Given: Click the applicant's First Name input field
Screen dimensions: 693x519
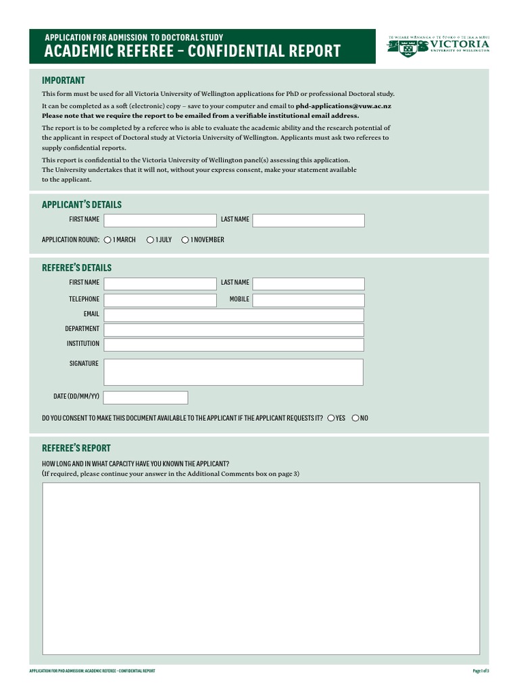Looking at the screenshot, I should coord(159,220).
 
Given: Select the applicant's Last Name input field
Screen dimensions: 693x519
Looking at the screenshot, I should coord(308,220).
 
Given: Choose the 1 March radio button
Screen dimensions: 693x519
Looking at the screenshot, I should coord(107,240).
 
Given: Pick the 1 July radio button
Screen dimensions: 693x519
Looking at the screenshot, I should coord(149,240).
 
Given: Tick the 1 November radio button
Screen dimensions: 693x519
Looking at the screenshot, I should coord(185,240).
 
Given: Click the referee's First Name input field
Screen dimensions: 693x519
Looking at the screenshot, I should coord(159,283).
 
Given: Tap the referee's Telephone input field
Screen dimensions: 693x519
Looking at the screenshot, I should coord(159,300).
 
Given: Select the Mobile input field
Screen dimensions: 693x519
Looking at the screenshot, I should coord(308,300).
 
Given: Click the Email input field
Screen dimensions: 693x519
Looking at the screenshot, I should coord(233,315).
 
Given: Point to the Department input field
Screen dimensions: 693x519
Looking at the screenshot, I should coord(233,330).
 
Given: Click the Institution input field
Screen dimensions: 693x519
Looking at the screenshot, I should coord(233,344).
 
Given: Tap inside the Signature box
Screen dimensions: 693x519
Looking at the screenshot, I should coord(233,372).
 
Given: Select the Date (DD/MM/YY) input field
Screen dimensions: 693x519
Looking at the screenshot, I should coord(145,397).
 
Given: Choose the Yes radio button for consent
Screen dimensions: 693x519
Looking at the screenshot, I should coord(331,418).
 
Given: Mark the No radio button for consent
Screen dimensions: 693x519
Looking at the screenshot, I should coord(355,418).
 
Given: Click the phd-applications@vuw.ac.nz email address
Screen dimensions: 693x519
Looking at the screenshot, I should coord(343,106).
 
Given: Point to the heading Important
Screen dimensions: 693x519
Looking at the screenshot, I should coord(64,81).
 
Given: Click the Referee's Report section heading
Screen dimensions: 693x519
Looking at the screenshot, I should coord(76,448).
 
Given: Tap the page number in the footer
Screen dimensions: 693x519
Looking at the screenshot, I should coord(480,671).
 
